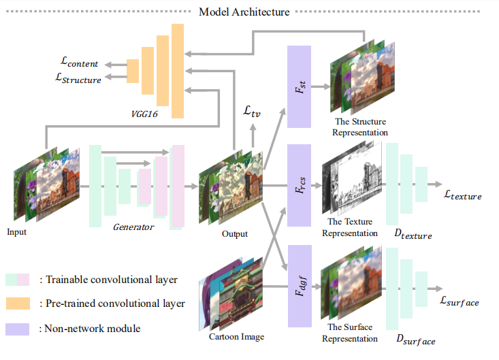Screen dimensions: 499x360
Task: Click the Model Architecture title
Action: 244,12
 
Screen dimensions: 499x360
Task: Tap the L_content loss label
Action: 79,62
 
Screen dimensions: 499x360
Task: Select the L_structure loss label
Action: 78,78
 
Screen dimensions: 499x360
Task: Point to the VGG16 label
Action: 144,114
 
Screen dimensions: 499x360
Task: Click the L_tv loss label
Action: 252,112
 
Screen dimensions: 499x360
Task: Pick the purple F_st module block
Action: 299,86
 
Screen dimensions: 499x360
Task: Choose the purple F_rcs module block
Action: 299,185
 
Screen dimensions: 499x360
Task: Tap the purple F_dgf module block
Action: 300,286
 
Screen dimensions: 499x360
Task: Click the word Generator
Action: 133,227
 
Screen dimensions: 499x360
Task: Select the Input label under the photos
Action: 16,232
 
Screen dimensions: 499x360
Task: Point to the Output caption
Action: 235,234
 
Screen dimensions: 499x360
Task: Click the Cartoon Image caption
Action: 236,336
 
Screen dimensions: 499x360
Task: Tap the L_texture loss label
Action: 463,195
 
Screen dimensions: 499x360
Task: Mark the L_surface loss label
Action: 460,301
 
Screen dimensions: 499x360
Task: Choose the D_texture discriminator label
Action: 413,234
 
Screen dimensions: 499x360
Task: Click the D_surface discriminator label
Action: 416,340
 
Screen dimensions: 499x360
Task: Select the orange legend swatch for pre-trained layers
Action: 18,304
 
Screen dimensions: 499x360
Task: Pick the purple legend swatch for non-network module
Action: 18,329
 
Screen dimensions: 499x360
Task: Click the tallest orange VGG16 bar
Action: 178,71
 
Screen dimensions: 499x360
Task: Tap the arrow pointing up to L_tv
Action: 253,136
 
